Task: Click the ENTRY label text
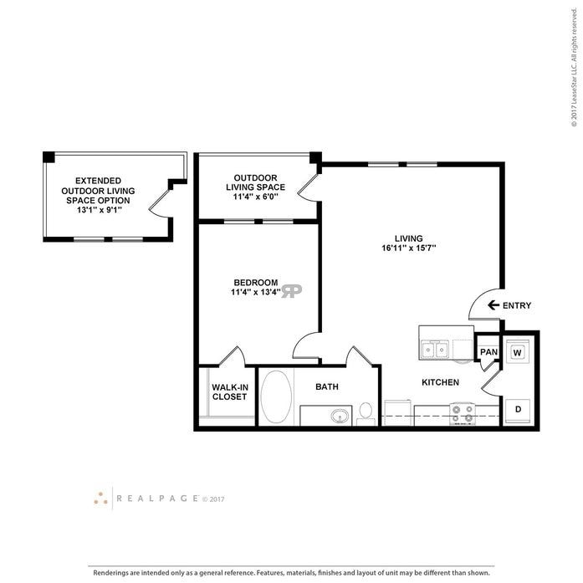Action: click(517, 306)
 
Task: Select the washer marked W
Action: click(517, 352)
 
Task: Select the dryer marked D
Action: click(517, 409)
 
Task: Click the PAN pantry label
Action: click(488, 352)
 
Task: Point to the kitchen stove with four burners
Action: click(463, 412)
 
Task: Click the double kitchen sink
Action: click(434, 349)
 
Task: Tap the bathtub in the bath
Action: click(276, 396)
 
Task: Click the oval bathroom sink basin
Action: click(339, 415)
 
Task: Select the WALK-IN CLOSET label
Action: click(229, 391)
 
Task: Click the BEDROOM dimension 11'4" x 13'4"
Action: click(256, 293)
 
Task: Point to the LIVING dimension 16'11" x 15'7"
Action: click(410, 248)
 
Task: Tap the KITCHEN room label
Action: click(440, 382)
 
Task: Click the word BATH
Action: click(326, 387)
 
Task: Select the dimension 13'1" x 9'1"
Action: click(98, 211)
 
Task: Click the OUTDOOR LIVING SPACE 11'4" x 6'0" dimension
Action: click(255, 197)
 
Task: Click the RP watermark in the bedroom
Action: click(292, 290)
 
